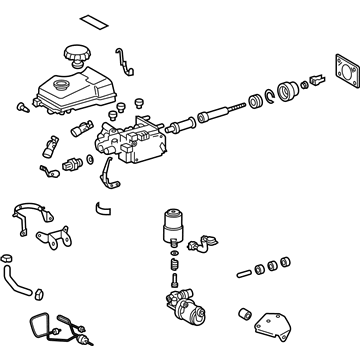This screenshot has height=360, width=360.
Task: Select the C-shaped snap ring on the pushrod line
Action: click(x=255, y=103)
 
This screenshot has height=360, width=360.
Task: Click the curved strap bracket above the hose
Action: click(x=32, y=215)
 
